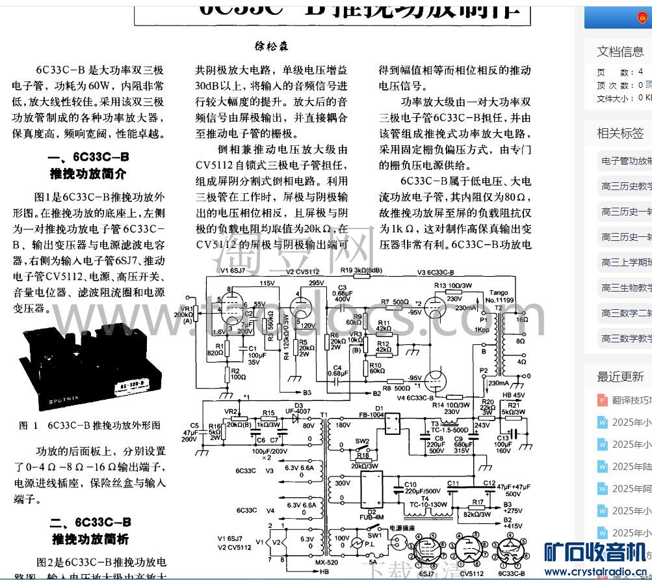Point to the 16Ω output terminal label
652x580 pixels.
coord(521,320)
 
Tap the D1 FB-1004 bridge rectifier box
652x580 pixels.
coord(394,424)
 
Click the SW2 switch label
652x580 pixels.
coord(362,441)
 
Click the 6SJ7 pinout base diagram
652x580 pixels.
coord(427,553)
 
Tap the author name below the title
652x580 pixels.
coord(271,46)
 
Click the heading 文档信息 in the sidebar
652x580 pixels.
coord(620,51)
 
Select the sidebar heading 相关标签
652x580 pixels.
coord(620,133)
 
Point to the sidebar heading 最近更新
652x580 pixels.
coord(620,376)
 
